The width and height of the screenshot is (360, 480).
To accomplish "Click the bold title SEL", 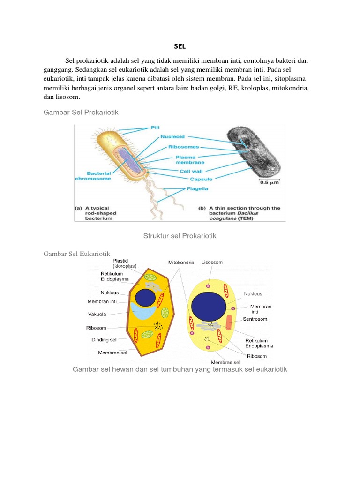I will coord(180,46).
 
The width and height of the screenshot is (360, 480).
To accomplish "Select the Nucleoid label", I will coord(173,136).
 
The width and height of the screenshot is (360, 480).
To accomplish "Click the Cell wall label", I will coord(191,171).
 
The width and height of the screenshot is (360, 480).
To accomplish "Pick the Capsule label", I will coord(201,179).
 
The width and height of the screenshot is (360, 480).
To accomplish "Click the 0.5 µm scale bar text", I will coord(270,183).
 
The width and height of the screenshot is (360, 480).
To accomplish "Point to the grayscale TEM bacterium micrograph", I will coord(253,152).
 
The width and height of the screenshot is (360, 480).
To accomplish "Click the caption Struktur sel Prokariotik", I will coord(180,236).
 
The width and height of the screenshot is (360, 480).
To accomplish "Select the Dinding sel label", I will coord(104,339).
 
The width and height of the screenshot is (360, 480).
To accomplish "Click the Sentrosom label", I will coord(255,319).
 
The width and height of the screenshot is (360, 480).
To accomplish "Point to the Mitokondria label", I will coord(181,262).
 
